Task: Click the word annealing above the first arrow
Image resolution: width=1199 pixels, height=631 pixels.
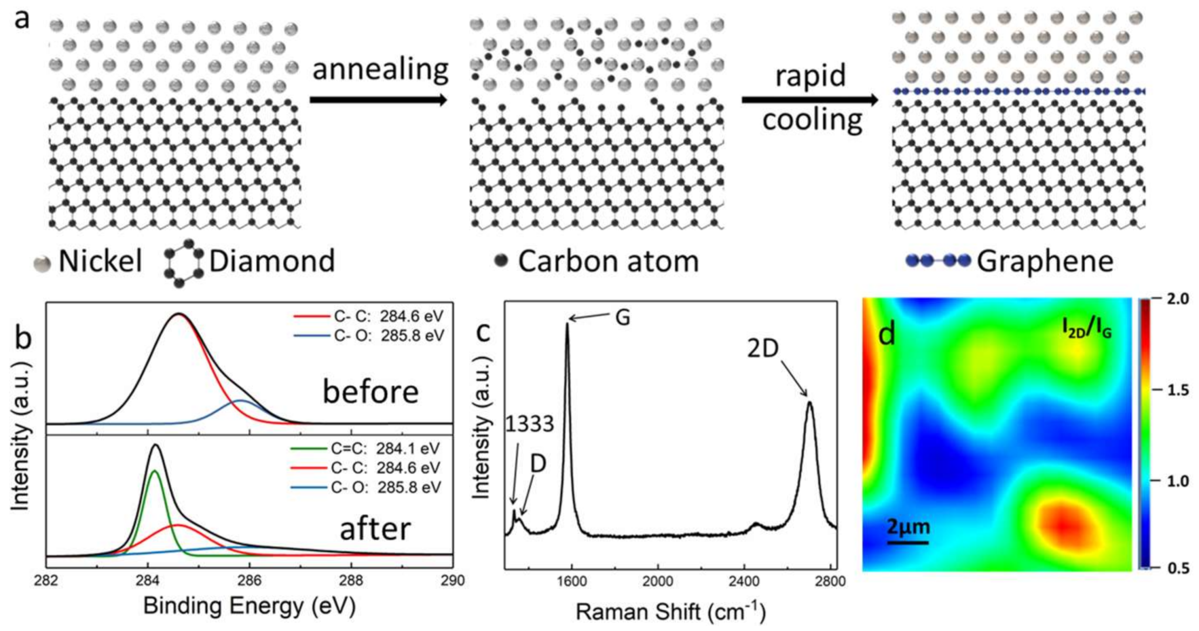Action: point(380,70)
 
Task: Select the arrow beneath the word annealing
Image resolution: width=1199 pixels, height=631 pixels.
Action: point(378,100)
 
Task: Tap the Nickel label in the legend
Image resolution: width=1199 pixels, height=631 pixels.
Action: point(100,261)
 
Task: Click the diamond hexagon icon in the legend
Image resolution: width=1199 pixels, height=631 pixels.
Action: point(183,263)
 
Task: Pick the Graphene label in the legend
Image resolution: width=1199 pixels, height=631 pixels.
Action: point(1045,261)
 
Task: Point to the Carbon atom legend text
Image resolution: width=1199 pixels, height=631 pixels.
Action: point(608,261)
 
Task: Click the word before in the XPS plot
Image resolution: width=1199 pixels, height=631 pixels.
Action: point(370,392)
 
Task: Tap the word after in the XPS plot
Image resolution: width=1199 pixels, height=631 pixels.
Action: point(375,529)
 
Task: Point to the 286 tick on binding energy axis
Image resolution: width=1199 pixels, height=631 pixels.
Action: point(249,580)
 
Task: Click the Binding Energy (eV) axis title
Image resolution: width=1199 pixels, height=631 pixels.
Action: point(249,606)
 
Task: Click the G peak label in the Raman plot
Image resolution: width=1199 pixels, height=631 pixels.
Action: point(623,317)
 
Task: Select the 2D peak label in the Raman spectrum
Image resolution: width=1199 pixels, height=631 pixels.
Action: point(763,348)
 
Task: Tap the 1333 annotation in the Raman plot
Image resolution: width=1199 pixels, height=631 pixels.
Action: point(529,423)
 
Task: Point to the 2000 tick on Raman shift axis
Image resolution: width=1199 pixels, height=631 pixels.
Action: point(657,581)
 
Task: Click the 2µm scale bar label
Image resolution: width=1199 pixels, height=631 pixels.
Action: point(908,527)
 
